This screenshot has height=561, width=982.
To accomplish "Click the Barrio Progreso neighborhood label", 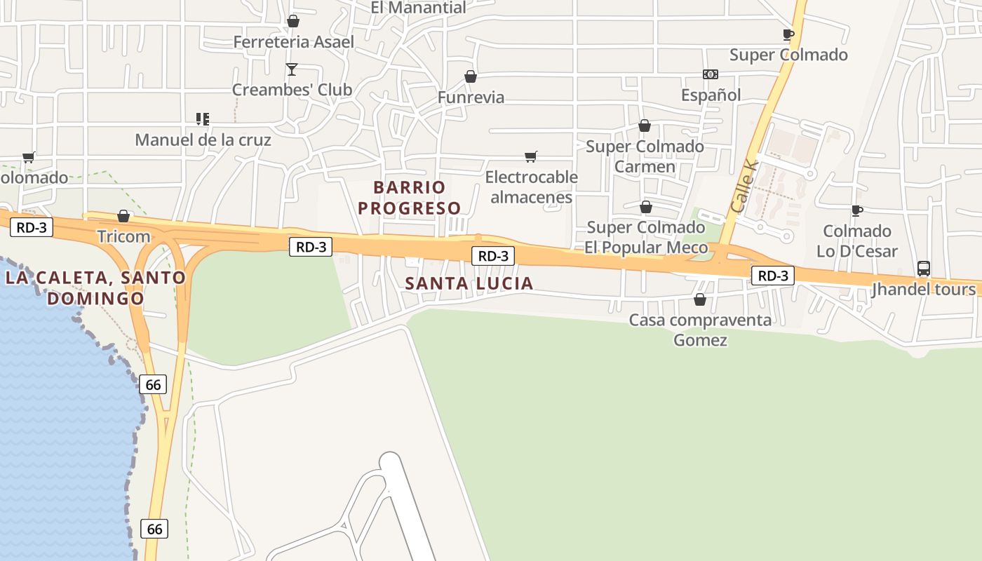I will point(410,198).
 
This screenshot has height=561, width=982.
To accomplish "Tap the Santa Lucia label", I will point(469,283).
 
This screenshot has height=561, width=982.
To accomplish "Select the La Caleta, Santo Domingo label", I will point(95,288).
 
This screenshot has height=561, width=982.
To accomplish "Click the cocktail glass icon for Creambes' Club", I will point(292,69).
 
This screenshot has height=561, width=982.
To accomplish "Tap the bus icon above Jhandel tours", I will point(923,269).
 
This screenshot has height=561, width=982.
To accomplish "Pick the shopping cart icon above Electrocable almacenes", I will point(531,156).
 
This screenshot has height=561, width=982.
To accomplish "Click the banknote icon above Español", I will point(711,74).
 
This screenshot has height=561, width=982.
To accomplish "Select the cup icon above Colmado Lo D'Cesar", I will point(856,210).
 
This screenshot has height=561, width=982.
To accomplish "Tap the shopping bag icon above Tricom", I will point(123,216).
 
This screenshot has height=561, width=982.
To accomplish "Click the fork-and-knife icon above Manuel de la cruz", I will point(203,119).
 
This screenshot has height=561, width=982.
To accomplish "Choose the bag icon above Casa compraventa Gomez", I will point(699,300).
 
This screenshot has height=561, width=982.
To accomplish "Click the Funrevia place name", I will point(471,97).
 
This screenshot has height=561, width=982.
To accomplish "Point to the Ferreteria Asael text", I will point(293,42).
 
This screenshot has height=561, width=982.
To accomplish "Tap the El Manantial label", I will point(418,8).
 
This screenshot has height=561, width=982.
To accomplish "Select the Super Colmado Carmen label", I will point(645,156).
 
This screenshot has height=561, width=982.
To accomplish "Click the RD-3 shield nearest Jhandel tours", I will point(773,276).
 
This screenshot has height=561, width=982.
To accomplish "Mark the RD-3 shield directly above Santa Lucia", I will point(493,256).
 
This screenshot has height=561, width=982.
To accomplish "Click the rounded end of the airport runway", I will point(390,462).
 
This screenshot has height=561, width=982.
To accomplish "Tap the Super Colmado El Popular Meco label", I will point(646,238).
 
